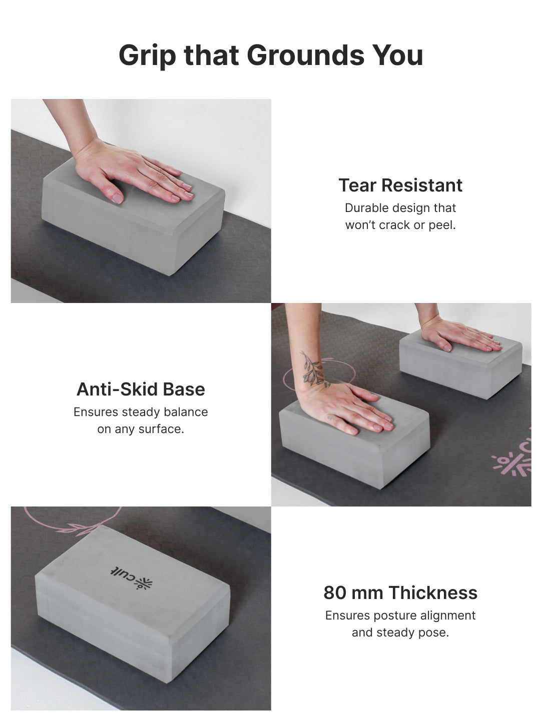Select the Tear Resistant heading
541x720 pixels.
pos(400,185)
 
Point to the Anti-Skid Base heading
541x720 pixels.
pos(141,389)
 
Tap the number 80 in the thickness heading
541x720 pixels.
pos(335,592)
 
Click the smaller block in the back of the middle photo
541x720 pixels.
pos(460,370)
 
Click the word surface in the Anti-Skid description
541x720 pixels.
pos(163,429)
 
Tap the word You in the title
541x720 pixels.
pos(401,55)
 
